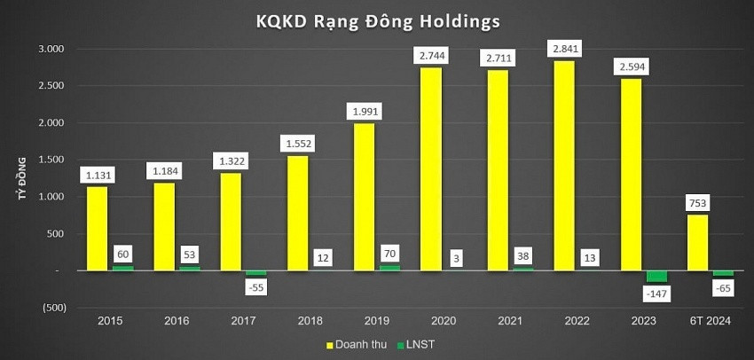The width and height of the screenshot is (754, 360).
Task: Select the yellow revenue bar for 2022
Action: click(x=563, y=165)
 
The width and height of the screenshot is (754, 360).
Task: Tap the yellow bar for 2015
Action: click(x=98, y=228)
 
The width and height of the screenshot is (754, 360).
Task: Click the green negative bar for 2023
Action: click(x=657, y=277)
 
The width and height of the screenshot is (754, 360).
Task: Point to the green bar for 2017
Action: click(x=255, y=273)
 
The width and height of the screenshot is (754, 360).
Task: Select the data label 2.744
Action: click(x=429, y=56)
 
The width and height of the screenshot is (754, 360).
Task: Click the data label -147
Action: click(x=657, y=293)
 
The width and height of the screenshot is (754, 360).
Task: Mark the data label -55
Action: click(x=255, y=286)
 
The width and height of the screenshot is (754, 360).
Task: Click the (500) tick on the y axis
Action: click(x=51, y=308)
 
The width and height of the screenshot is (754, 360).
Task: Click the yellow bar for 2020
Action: click(x=429, y=168)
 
